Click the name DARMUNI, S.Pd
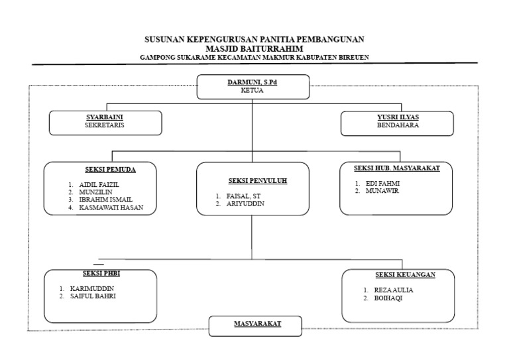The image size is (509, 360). [253, 82]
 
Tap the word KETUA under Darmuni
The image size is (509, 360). [252, 90]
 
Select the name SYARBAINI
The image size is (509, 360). [105, 117]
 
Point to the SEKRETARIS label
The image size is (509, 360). [105, 125]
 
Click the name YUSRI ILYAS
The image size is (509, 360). [398, 117]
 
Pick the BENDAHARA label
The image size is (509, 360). [398, 125]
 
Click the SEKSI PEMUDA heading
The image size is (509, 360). [111, 170]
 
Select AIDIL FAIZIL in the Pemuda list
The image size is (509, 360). [99, 185]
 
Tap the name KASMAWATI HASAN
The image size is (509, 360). [111, 208]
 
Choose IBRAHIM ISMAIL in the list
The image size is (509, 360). [105, 200]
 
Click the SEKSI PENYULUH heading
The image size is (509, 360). [258, 181]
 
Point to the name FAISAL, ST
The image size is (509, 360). [243, 196]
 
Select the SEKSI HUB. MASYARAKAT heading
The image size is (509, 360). [397, 168]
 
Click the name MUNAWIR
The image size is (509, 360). [382, 191]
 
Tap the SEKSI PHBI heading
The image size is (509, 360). [101, 273]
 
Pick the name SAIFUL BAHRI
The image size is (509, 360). [93, 296]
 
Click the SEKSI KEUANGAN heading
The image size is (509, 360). [406, 274]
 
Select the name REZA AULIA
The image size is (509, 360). [394, 290]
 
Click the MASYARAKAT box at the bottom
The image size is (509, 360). [255, 326]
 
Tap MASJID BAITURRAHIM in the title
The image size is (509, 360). [254, 48]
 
